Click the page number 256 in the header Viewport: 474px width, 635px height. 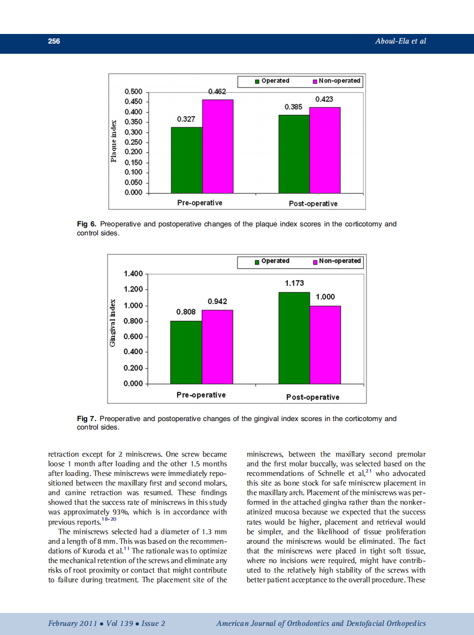54,41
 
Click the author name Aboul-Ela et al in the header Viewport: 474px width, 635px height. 400,41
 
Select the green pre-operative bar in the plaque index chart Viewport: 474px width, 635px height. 186,160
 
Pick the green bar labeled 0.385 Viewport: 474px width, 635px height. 294,153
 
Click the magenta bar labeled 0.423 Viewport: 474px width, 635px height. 325,150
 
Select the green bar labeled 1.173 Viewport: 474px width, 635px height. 294,337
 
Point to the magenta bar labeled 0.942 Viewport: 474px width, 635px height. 217,346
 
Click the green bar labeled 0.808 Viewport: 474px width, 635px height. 186,351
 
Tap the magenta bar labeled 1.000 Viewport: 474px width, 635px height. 325,344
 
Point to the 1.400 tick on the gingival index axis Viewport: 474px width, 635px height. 133,274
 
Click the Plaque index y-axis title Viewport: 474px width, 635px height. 114,141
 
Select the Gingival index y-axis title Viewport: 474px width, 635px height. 113,323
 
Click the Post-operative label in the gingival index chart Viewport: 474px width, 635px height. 313,397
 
